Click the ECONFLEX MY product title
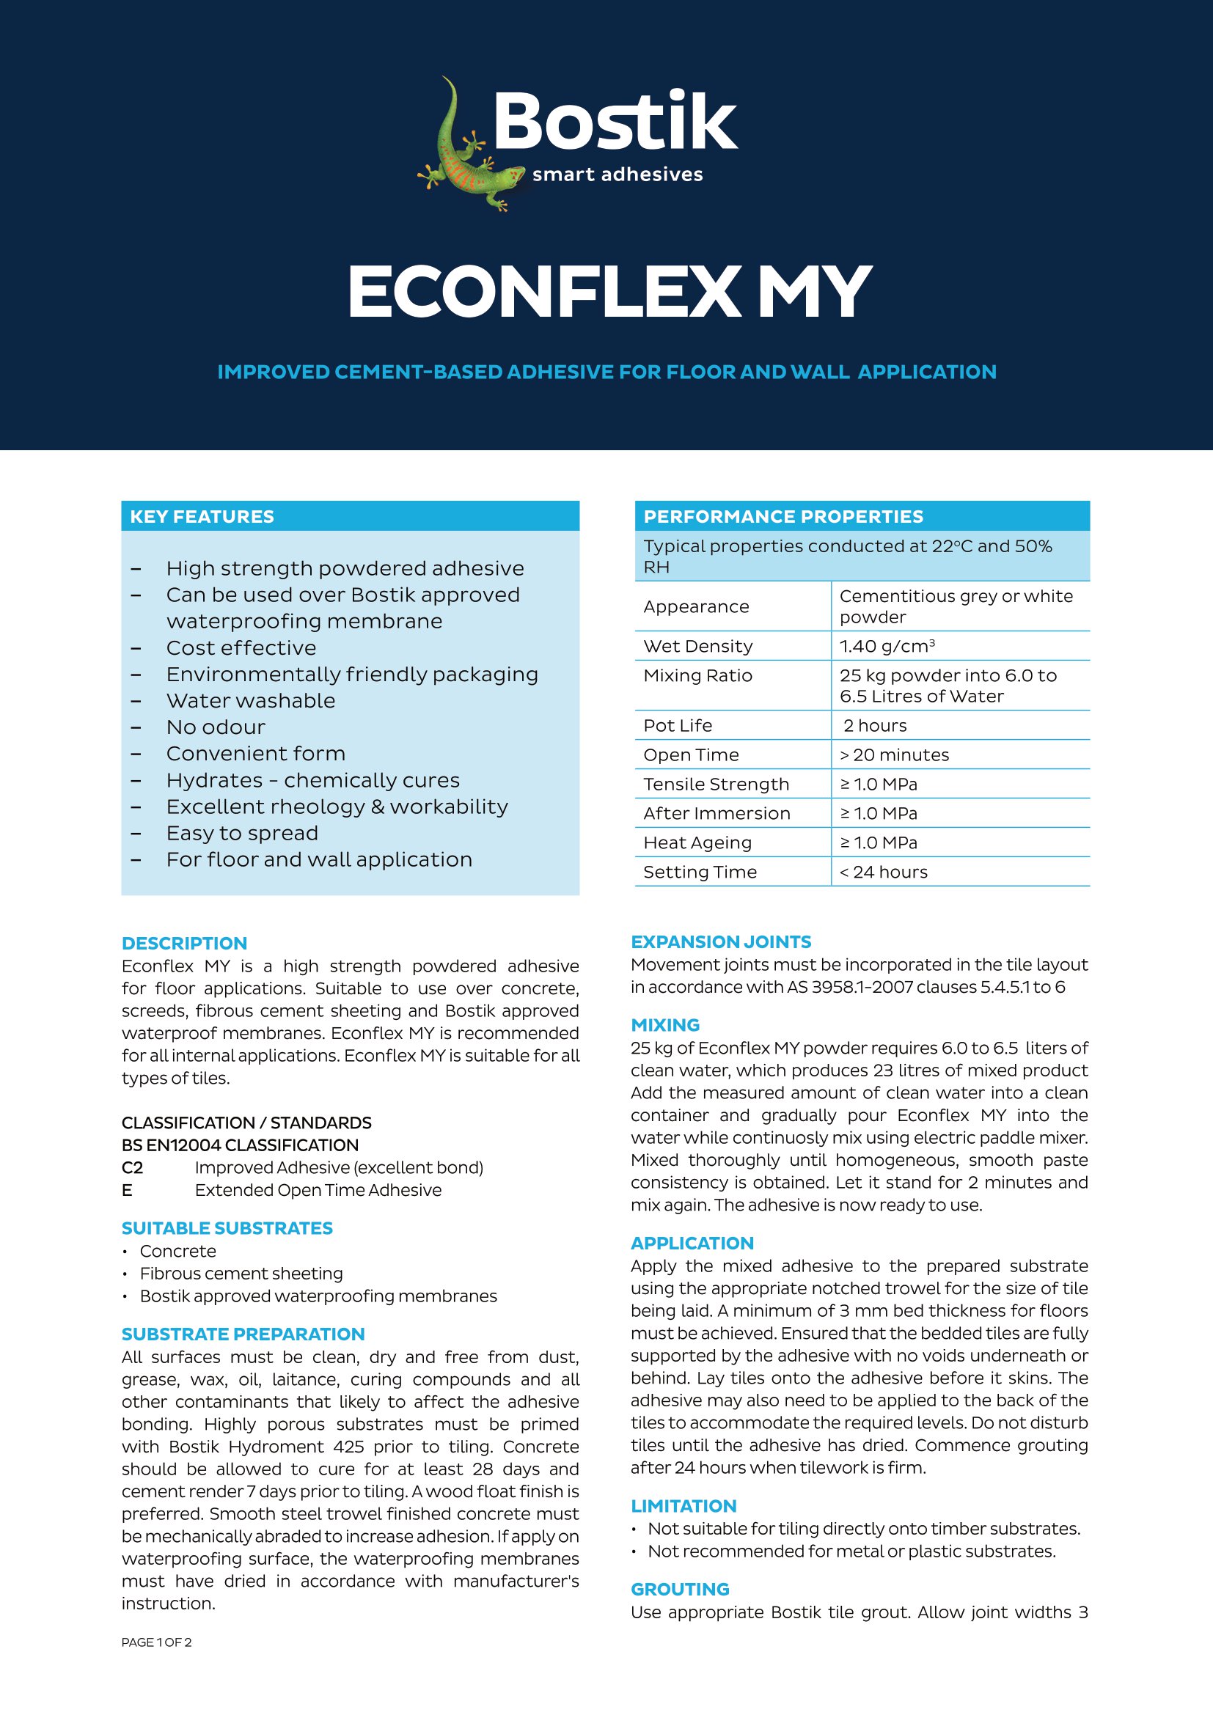(x=609, y=292)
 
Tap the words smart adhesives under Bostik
(x=617, y=175)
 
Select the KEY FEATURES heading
(x=202, y=516)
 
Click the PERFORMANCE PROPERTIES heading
(x=783, y=516)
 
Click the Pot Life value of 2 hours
(x=875, y=725)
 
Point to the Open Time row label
(x=691, y=754)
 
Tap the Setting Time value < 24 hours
(x=883, y=872)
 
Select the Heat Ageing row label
(x=697, y=842)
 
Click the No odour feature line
(x=216, y=727)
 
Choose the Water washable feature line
(x=250, y=701)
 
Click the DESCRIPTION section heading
(x=184, y=943)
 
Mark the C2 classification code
(x=132, y=1167)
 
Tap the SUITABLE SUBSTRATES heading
(x=227, y=1228)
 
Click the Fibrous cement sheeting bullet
(x=241, y=1274)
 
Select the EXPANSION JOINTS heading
(x=721, y=941)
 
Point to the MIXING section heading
(x=664, y=1025)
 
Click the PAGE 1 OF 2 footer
(x=156, y=1642)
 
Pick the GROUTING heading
(x=680, y=1589)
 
